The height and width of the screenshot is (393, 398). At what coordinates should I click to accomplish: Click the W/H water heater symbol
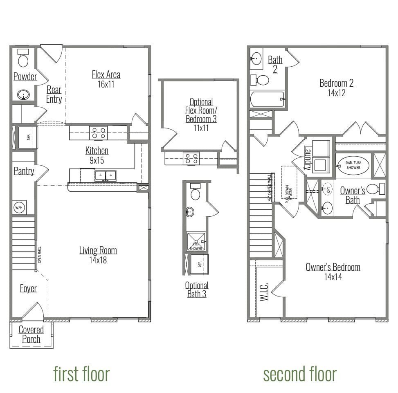point(19,207)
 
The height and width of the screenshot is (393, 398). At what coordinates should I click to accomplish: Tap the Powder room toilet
point(23,58)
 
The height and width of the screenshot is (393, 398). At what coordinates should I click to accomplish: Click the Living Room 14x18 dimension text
point(98,260)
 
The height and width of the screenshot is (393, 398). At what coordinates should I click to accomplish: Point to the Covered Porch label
point(31,335)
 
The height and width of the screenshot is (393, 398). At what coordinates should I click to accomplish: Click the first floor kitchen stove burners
point(98,133)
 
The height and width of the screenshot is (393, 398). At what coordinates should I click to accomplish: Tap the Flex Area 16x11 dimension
point(106,84)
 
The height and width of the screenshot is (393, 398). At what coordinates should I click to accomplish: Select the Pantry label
point(24,171)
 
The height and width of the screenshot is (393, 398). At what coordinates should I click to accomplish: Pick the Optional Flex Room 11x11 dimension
point(201,128)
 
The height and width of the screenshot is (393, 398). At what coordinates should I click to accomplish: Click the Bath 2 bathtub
point(267,99)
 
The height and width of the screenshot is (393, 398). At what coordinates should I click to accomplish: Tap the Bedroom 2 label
point(336,83)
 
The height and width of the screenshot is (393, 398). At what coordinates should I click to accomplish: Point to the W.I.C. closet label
point(263,291)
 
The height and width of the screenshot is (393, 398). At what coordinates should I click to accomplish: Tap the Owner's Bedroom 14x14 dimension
point(333,277)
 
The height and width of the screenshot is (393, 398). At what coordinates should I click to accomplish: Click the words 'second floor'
point(300,374)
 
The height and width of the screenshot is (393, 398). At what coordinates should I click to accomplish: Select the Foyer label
point(28,288)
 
